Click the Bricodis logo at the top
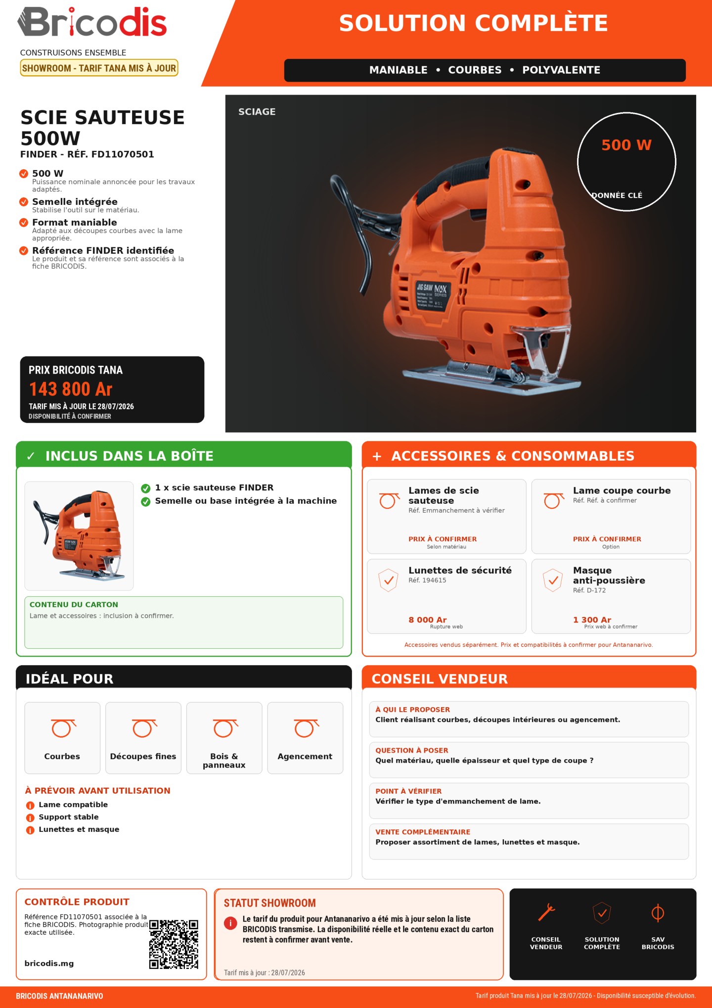(92, 22)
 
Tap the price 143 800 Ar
(71, 389)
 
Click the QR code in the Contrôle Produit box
(174, 944)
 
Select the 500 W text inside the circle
(626, 145)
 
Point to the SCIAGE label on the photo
(257, 112)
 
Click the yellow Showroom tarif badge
(99, 68)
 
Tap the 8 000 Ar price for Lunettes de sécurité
(428, 620)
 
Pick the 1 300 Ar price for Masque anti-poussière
(592, 620)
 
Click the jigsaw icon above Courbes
(63, 728)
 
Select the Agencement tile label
(305, 756)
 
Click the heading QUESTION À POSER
(412, 750)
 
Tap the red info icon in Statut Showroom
(230, 923)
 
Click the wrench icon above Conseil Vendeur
(546, 912)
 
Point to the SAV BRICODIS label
(658, 943)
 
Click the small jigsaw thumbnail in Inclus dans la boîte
(79, 535)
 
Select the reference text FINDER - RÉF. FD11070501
(87, 154)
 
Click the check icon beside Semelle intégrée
(24, 202)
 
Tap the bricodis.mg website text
(49, 963)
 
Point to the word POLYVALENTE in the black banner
(561, 70)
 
